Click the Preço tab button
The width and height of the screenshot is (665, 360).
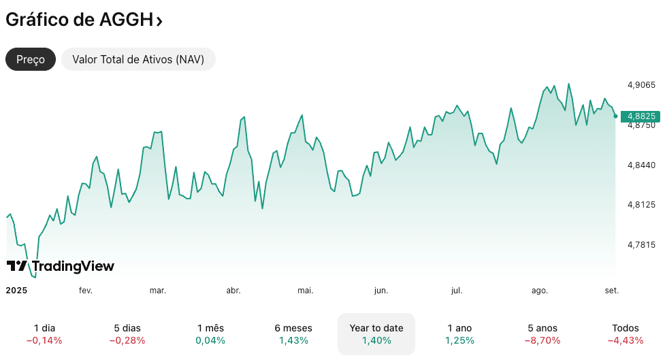coord(31,59)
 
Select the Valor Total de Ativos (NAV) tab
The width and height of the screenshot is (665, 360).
coord(138,59)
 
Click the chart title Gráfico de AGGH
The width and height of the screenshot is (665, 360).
coord(79,20)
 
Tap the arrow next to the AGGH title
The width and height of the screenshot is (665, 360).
coord(159,21)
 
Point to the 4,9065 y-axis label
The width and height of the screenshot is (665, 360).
coord(641,85)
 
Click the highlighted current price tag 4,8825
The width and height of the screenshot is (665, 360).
coord(641,116)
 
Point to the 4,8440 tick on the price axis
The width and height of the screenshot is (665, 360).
coord(641,165)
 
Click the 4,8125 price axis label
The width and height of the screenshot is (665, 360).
coord(641,205)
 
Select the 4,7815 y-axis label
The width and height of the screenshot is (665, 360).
coord(641,245)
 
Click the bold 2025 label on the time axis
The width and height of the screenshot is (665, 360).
coord(16,291)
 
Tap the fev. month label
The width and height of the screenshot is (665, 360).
coord(86,291)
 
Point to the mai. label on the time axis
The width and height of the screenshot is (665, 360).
coord(306,291)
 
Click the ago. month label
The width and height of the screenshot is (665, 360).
coord(540,291)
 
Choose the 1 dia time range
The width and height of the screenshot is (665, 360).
coord(44,333)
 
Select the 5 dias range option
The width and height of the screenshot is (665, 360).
coord(127,333)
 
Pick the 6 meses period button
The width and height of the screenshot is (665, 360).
coord(293,333)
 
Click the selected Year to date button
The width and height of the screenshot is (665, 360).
coord(376,333)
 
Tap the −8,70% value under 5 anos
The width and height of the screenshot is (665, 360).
coord(542,340)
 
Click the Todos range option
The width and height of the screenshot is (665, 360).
coord(626,333)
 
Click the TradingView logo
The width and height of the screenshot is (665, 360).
coord(60,266)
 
